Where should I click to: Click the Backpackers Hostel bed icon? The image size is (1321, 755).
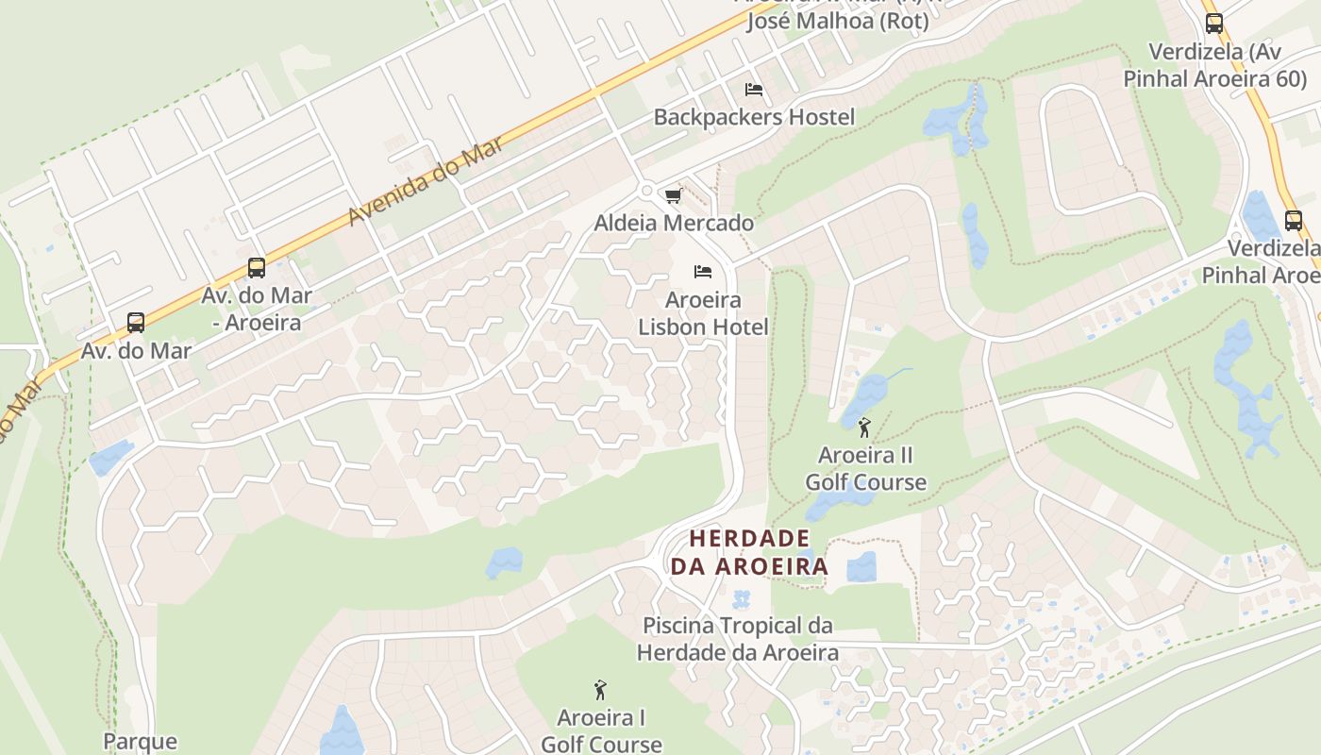click(x=754, y=90)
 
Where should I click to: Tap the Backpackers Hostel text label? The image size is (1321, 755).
click(x=754, y=117)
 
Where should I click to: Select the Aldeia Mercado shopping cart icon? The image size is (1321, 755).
click(x=673, y=195)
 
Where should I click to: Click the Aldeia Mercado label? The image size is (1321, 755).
click(x=674, y=223)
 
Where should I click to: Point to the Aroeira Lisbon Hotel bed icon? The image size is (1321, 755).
click(x=703, y=272)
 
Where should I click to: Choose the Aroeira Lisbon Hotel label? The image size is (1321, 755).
click(x=703, y=313)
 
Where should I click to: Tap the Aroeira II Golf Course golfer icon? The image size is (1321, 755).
click(x=864, y=428)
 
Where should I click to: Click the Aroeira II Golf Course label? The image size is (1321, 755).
click(x=865, y=469)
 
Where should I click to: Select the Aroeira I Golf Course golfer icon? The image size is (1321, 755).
click(x=600, y=690)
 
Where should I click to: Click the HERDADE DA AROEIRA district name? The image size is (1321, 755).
click(x=749, y=552)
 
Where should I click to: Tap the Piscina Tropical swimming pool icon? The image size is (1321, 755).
click(x=742, y=599)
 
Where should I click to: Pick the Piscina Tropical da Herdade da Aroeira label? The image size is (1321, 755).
click(x=737, y=639)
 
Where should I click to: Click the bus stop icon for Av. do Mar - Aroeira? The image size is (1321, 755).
click(x=257, y=267)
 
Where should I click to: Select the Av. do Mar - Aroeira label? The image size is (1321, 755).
click(x=257, y=309)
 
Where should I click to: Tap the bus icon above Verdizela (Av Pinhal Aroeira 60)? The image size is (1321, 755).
click(x=1214, y=24)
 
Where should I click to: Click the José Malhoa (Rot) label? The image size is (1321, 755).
click(x=838, y=21)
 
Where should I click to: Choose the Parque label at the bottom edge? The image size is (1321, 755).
click(x=140, y=741)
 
